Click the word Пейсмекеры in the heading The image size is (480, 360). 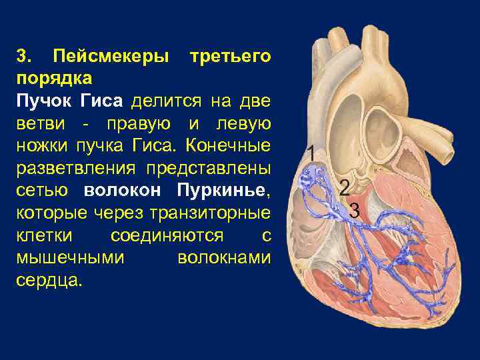111,56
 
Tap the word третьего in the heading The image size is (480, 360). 230,56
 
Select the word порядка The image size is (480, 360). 54,79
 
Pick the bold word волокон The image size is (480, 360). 123,191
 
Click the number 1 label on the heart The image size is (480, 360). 311,153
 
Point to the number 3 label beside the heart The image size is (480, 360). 355,211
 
